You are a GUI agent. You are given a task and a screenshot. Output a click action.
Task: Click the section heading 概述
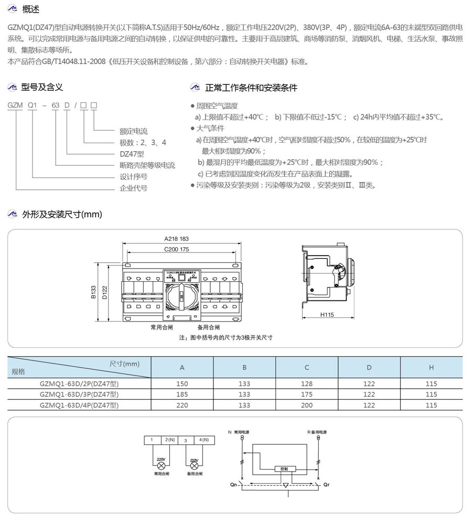(x=31, y=9)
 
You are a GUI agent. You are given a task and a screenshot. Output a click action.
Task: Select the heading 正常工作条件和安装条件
(x=251, y=88)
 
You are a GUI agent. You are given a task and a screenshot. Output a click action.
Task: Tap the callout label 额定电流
(x=133, y=131)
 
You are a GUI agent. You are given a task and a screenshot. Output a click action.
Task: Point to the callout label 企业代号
(x=133, y=188)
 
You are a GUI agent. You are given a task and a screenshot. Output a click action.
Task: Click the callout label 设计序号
(x=133, y=176)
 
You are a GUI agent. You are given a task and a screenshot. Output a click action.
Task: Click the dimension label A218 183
(x=176, y=239)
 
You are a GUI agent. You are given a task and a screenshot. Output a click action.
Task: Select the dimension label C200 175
(x=176, y=249)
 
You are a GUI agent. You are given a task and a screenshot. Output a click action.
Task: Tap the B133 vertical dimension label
(x=93, y=292)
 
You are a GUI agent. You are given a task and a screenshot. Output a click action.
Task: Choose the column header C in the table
(x=307, y=367)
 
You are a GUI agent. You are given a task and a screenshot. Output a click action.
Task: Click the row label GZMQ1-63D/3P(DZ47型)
(x=79, y=394)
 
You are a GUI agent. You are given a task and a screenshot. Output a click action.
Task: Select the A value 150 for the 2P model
(x=182, y=384)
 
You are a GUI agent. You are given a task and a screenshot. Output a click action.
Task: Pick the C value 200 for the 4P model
(x=307, y=405)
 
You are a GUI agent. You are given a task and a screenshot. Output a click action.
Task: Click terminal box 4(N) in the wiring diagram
(x=201, y=440)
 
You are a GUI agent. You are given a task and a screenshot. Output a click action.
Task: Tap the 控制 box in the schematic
(x=284, y=469)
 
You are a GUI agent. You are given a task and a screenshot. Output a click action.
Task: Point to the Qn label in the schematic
(x=233, y=485)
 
